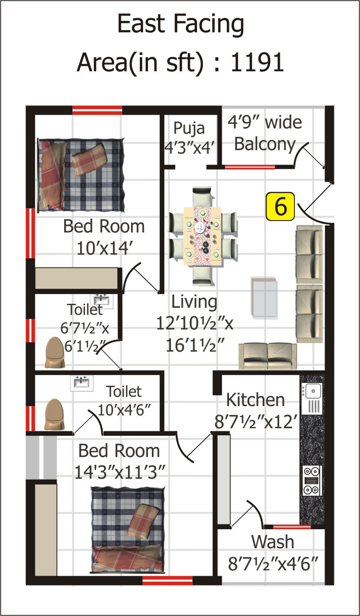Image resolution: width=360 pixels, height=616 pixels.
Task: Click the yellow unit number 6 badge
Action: [x=280, y=206]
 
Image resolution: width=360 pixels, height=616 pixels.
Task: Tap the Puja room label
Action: [x=189, y=128]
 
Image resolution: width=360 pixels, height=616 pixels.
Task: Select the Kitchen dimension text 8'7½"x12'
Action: [x=256, y=421]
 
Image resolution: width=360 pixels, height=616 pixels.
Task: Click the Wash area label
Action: [x=272, y=542]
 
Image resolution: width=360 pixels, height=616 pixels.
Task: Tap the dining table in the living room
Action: [x=202, y=236]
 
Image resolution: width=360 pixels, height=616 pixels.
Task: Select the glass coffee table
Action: [x=264, y=298]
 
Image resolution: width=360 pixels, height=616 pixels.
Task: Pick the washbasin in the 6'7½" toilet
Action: [x=102, y=301]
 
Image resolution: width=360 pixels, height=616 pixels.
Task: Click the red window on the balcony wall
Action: [x=250, y=167]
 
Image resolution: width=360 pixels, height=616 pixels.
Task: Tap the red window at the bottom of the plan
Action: [x=167, y=581]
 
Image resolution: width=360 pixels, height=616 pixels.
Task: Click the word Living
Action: [x=194, y=302]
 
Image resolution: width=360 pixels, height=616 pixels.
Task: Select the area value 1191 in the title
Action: [x=257, y=62]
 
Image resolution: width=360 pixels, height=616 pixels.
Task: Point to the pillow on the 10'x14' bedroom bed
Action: [x=89, y=160]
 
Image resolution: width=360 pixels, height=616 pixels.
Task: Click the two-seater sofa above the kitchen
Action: [x=267, y=356]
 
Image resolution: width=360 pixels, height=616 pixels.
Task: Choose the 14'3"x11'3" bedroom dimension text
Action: [x=120, y=473]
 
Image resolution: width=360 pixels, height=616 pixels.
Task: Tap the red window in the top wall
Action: [x=97, y=110]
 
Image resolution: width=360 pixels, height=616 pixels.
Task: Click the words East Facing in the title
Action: [x=181, y=24]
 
